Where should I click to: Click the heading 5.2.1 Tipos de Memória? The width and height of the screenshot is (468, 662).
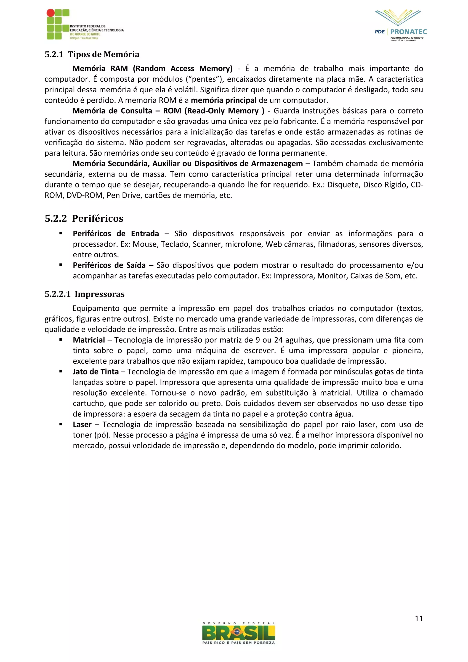[x=92, y=54]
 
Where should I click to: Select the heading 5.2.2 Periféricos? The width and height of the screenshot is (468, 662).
[x=84, y=218]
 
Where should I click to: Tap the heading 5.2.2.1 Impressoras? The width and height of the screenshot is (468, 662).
[x=85, y=294]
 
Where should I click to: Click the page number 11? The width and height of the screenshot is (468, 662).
[x=419, y=619]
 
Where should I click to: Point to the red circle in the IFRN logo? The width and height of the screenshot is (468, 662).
[x=51, y=13]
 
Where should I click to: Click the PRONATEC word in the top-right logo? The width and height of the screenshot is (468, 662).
[x=408, y=32]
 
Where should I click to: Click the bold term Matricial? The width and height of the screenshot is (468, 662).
[x=89, y=340]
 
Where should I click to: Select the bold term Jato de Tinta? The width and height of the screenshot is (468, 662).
[x=96, y=372]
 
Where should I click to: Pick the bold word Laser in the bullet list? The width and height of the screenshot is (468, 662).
[x=82, y=424]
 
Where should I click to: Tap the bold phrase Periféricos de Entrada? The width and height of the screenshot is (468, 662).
[x=116, y=234]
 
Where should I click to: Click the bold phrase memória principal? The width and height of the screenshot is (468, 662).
[x=224, y=100]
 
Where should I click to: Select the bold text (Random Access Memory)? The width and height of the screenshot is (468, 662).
[x=183, y=69]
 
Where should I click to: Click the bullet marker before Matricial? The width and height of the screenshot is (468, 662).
[x=61, y=340]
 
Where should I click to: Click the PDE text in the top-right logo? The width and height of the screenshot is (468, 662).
[x=380, y=32]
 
